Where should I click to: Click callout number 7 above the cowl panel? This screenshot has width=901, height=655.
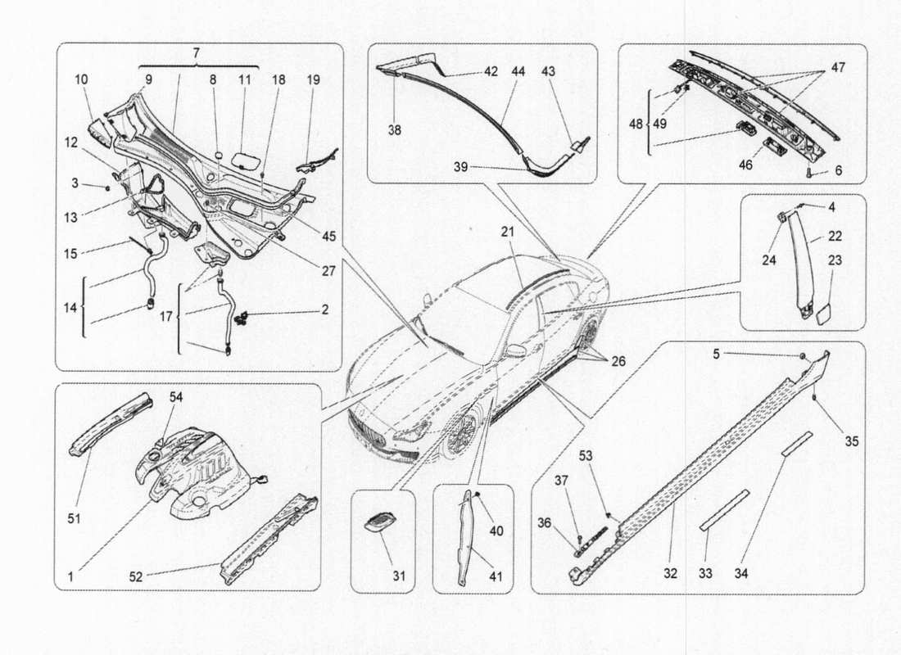coord(197,52)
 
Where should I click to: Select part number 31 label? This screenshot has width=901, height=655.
coord(398,576)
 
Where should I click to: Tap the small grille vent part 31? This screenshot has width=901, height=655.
coord(378,522)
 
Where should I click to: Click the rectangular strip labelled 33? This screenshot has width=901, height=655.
coord(724,511)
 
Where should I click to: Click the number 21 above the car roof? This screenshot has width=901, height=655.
coord(509,232)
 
